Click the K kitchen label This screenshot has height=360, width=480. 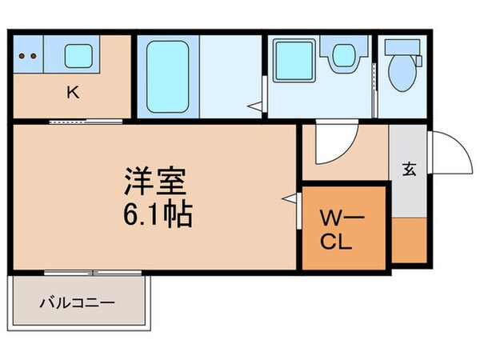tap(71, 92)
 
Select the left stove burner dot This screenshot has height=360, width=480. tap(23, 57)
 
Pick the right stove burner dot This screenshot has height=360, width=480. tap(34, 57)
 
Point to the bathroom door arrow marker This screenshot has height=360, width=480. tap(254, 104)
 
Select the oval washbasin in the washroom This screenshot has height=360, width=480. tap(343, 56)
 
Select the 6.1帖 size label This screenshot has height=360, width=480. tap(158, 214)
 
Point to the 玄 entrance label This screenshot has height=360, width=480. tap(409, 169)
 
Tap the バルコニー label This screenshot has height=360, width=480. tap(78, 303)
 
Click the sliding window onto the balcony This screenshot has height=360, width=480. tap(93, 273)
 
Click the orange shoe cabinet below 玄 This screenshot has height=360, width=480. tap(409, 238)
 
